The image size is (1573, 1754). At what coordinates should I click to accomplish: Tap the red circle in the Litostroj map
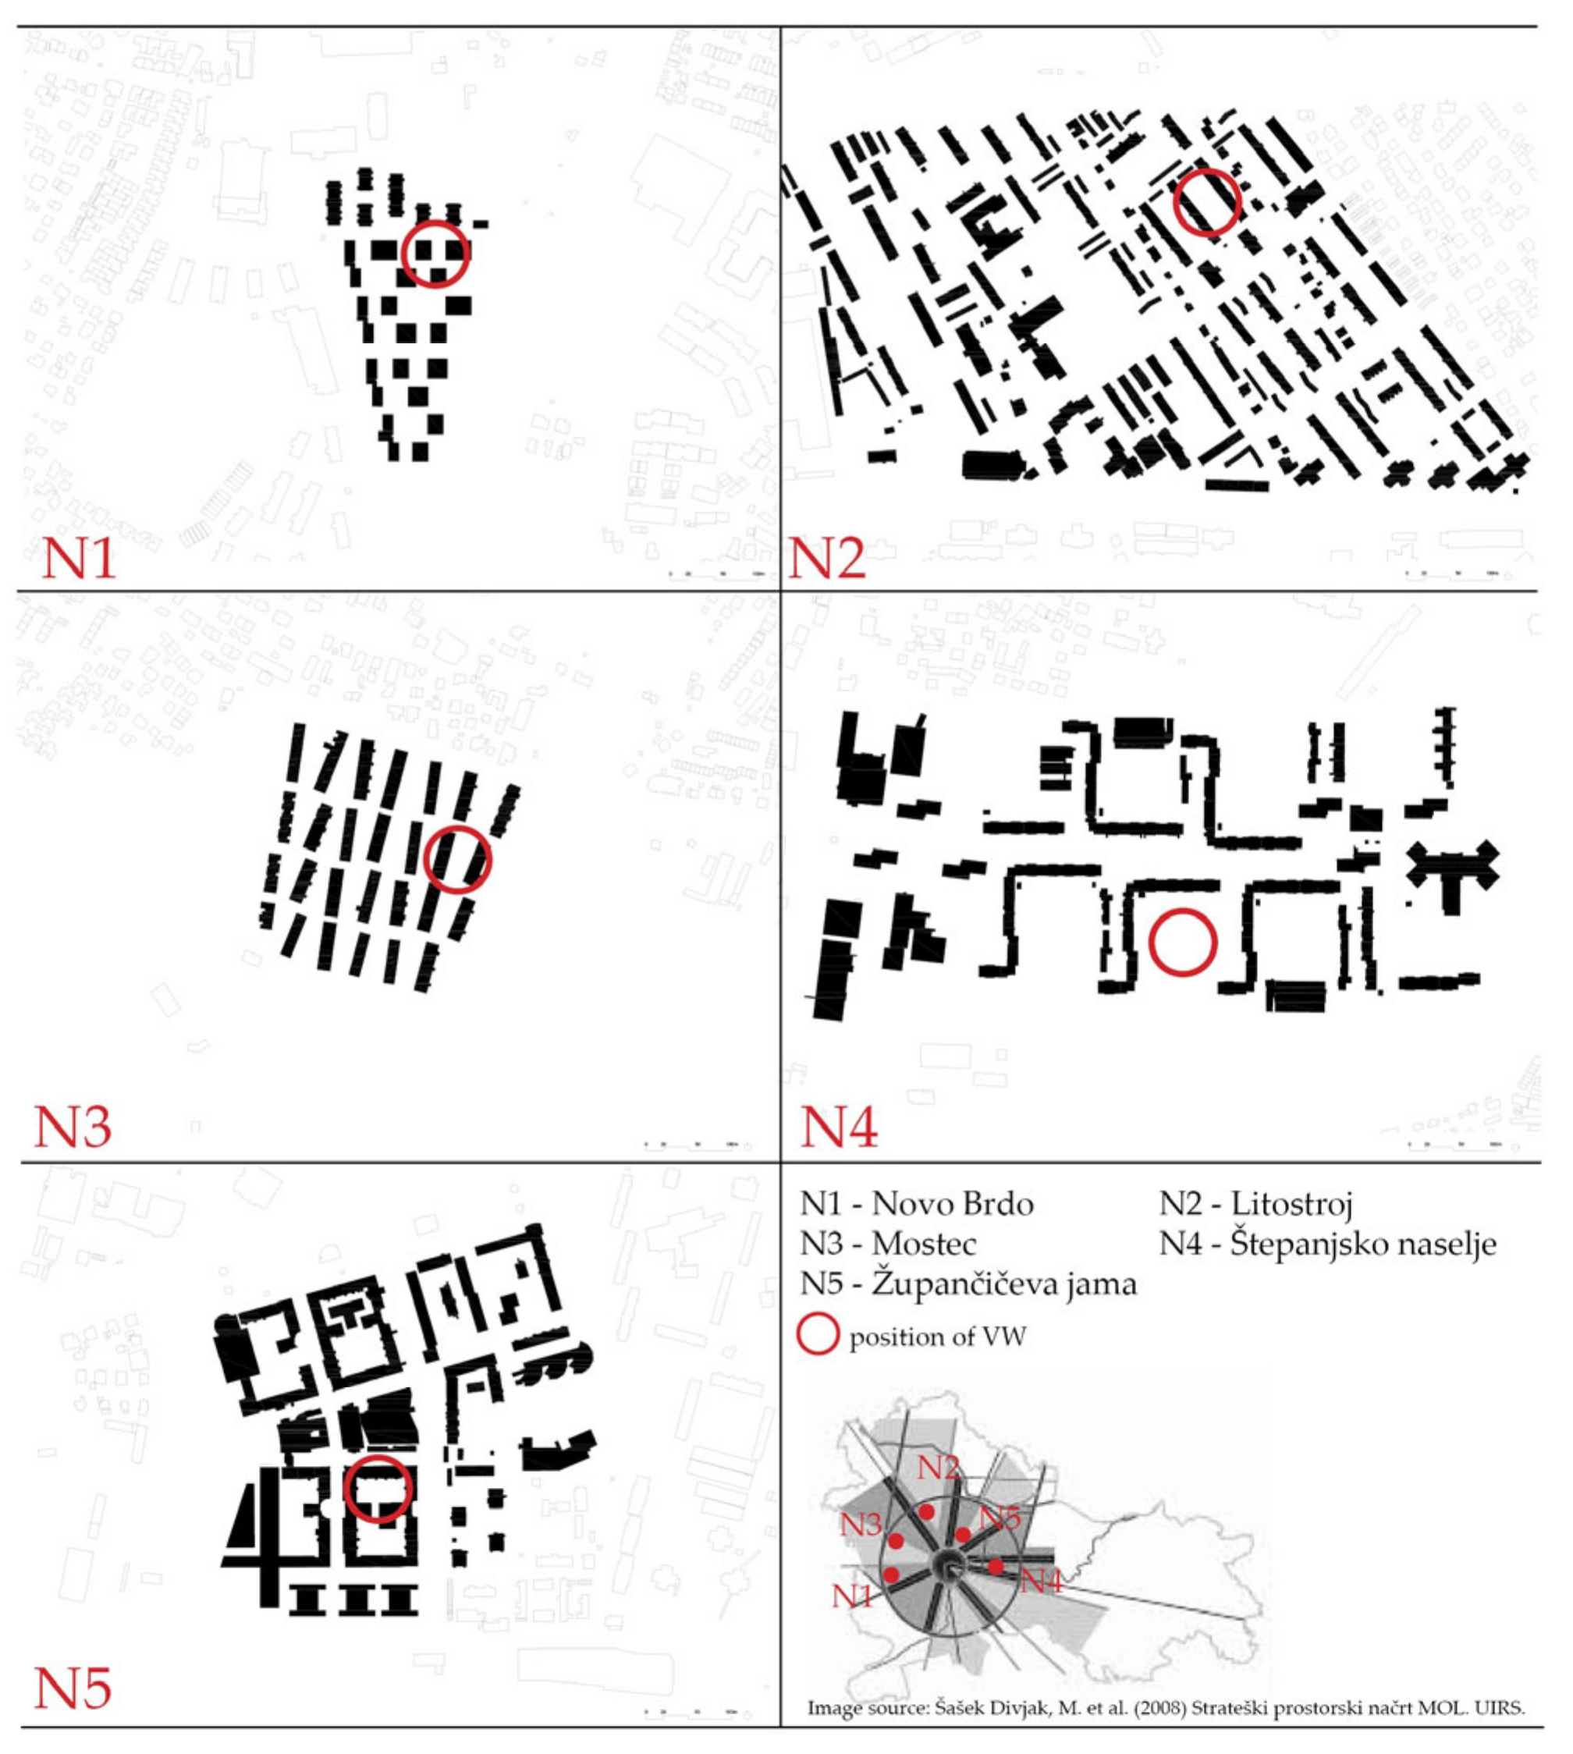pos(1207,201)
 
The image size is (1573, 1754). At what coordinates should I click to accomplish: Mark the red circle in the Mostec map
pos(457,859)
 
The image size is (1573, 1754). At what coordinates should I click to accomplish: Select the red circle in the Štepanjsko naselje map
pos(1183,943)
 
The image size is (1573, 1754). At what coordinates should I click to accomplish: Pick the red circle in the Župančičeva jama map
pos(378,1489)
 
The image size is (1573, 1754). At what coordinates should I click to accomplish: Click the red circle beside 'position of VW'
pos(817,1335)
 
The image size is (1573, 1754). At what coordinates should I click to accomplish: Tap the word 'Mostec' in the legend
pos(924,1244)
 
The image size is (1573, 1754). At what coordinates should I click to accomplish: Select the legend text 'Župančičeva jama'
pos(1003,1284)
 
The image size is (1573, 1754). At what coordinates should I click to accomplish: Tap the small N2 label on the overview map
pos(938,1467)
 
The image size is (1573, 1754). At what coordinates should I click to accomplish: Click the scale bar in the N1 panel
pos(716,573)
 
